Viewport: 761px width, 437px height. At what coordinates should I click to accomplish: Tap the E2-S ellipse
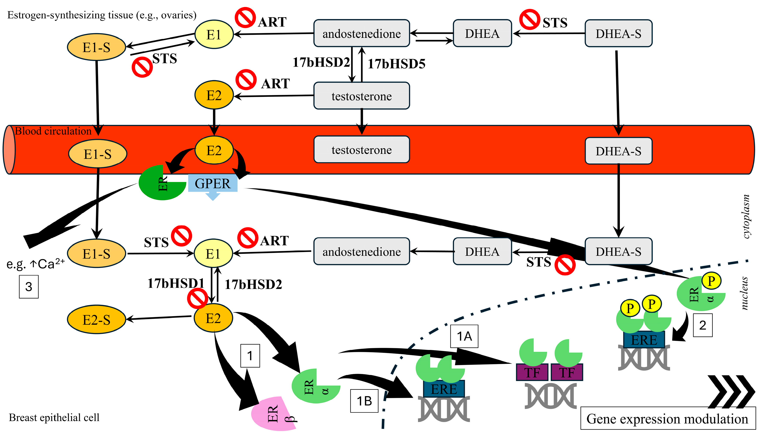[96, 320]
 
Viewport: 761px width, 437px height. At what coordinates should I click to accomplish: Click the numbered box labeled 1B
[364, 401]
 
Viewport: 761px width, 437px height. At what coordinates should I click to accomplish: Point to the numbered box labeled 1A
[464, 336]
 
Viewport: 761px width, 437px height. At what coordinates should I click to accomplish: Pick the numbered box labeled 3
[29, 287]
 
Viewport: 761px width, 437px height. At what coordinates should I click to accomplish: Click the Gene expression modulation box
[668, 418]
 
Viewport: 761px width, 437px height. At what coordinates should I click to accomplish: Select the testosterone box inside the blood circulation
[361, 150]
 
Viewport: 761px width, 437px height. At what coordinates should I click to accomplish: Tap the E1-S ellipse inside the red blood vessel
[97, 154]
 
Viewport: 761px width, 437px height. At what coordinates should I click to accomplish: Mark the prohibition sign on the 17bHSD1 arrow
[197, 299]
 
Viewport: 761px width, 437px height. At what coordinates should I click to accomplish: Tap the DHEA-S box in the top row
[619, 33]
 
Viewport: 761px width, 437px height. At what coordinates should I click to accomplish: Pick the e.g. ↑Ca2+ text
[35, 264]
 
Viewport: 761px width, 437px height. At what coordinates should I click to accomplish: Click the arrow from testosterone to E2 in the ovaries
[274, 96]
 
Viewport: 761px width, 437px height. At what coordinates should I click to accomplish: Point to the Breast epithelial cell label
[54, 417]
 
